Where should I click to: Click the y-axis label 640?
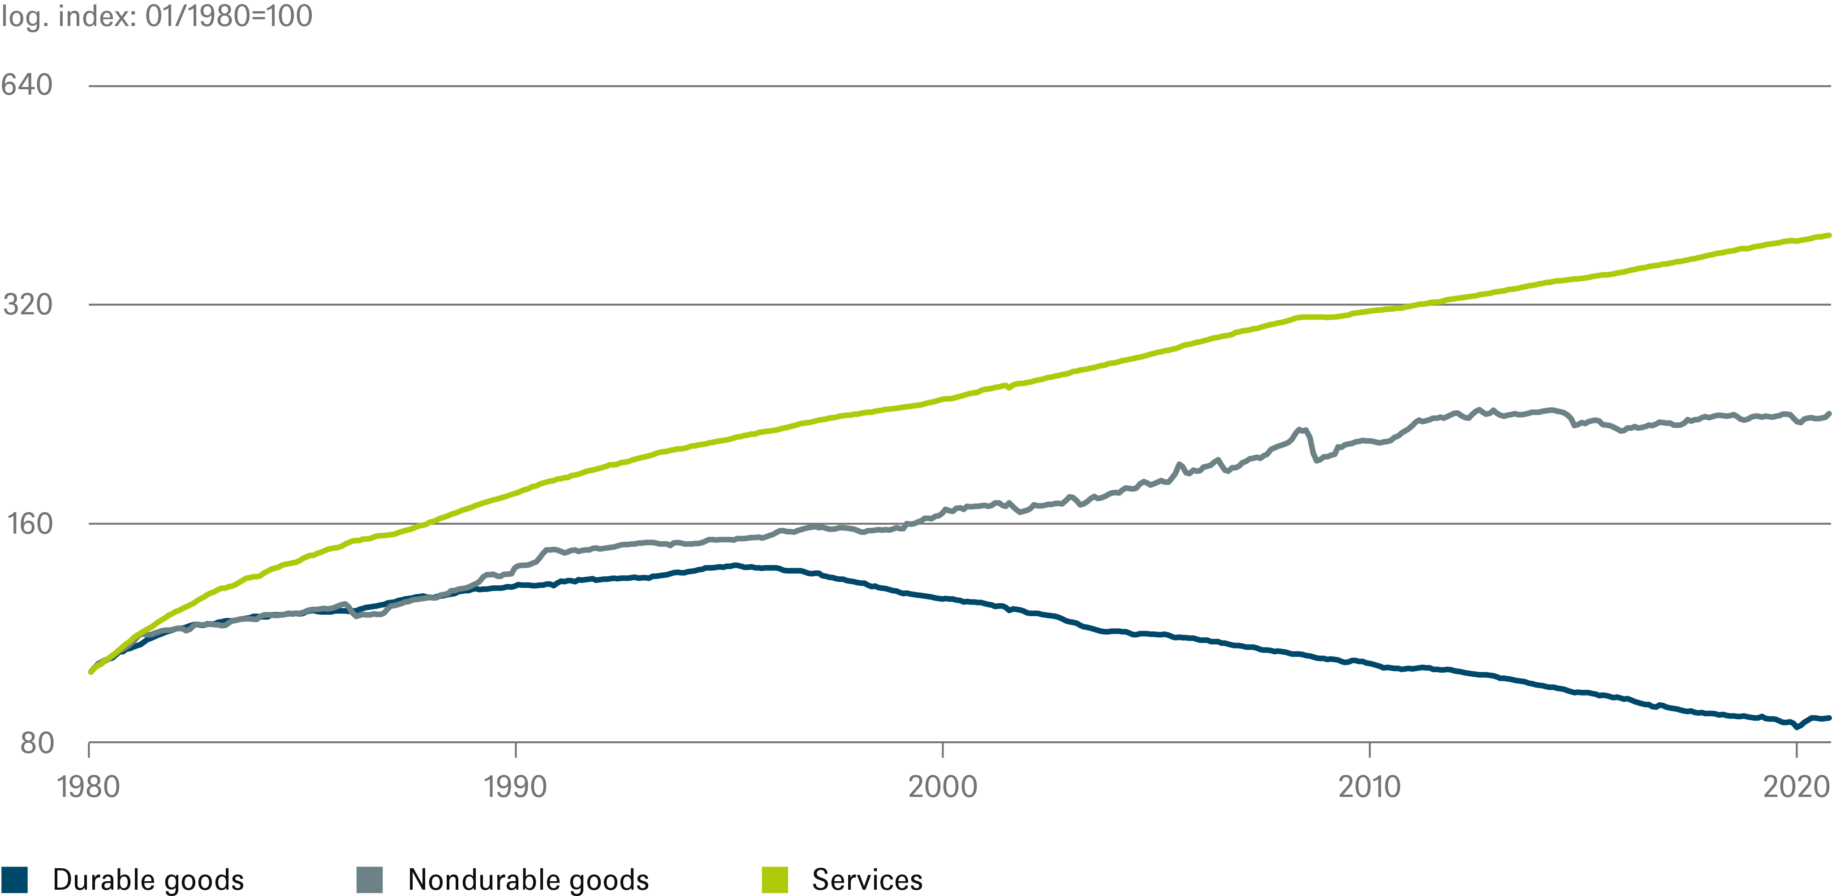click(27, 85)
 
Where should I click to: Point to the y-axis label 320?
click(28, 304)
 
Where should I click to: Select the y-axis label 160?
click(30, 524)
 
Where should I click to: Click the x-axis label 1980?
click(88, 787)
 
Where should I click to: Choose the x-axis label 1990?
click(515, 787)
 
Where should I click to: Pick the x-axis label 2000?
click(942, 787)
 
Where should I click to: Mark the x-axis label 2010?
click(1369, 787)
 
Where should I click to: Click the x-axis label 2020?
click(1795, 787)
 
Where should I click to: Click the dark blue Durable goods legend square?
click(14, 879)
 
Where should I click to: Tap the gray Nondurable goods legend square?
click(369, 879)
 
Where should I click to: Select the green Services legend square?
click(775, 879)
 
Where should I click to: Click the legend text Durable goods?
click(148, 879)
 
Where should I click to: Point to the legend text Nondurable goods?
click(528, 879)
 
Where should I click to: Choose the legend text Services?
click(867, 879)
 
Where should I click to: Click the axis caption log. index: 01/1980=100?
click(156, 16)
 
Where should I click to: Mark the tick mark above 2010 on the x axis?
click(1370, 750)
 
